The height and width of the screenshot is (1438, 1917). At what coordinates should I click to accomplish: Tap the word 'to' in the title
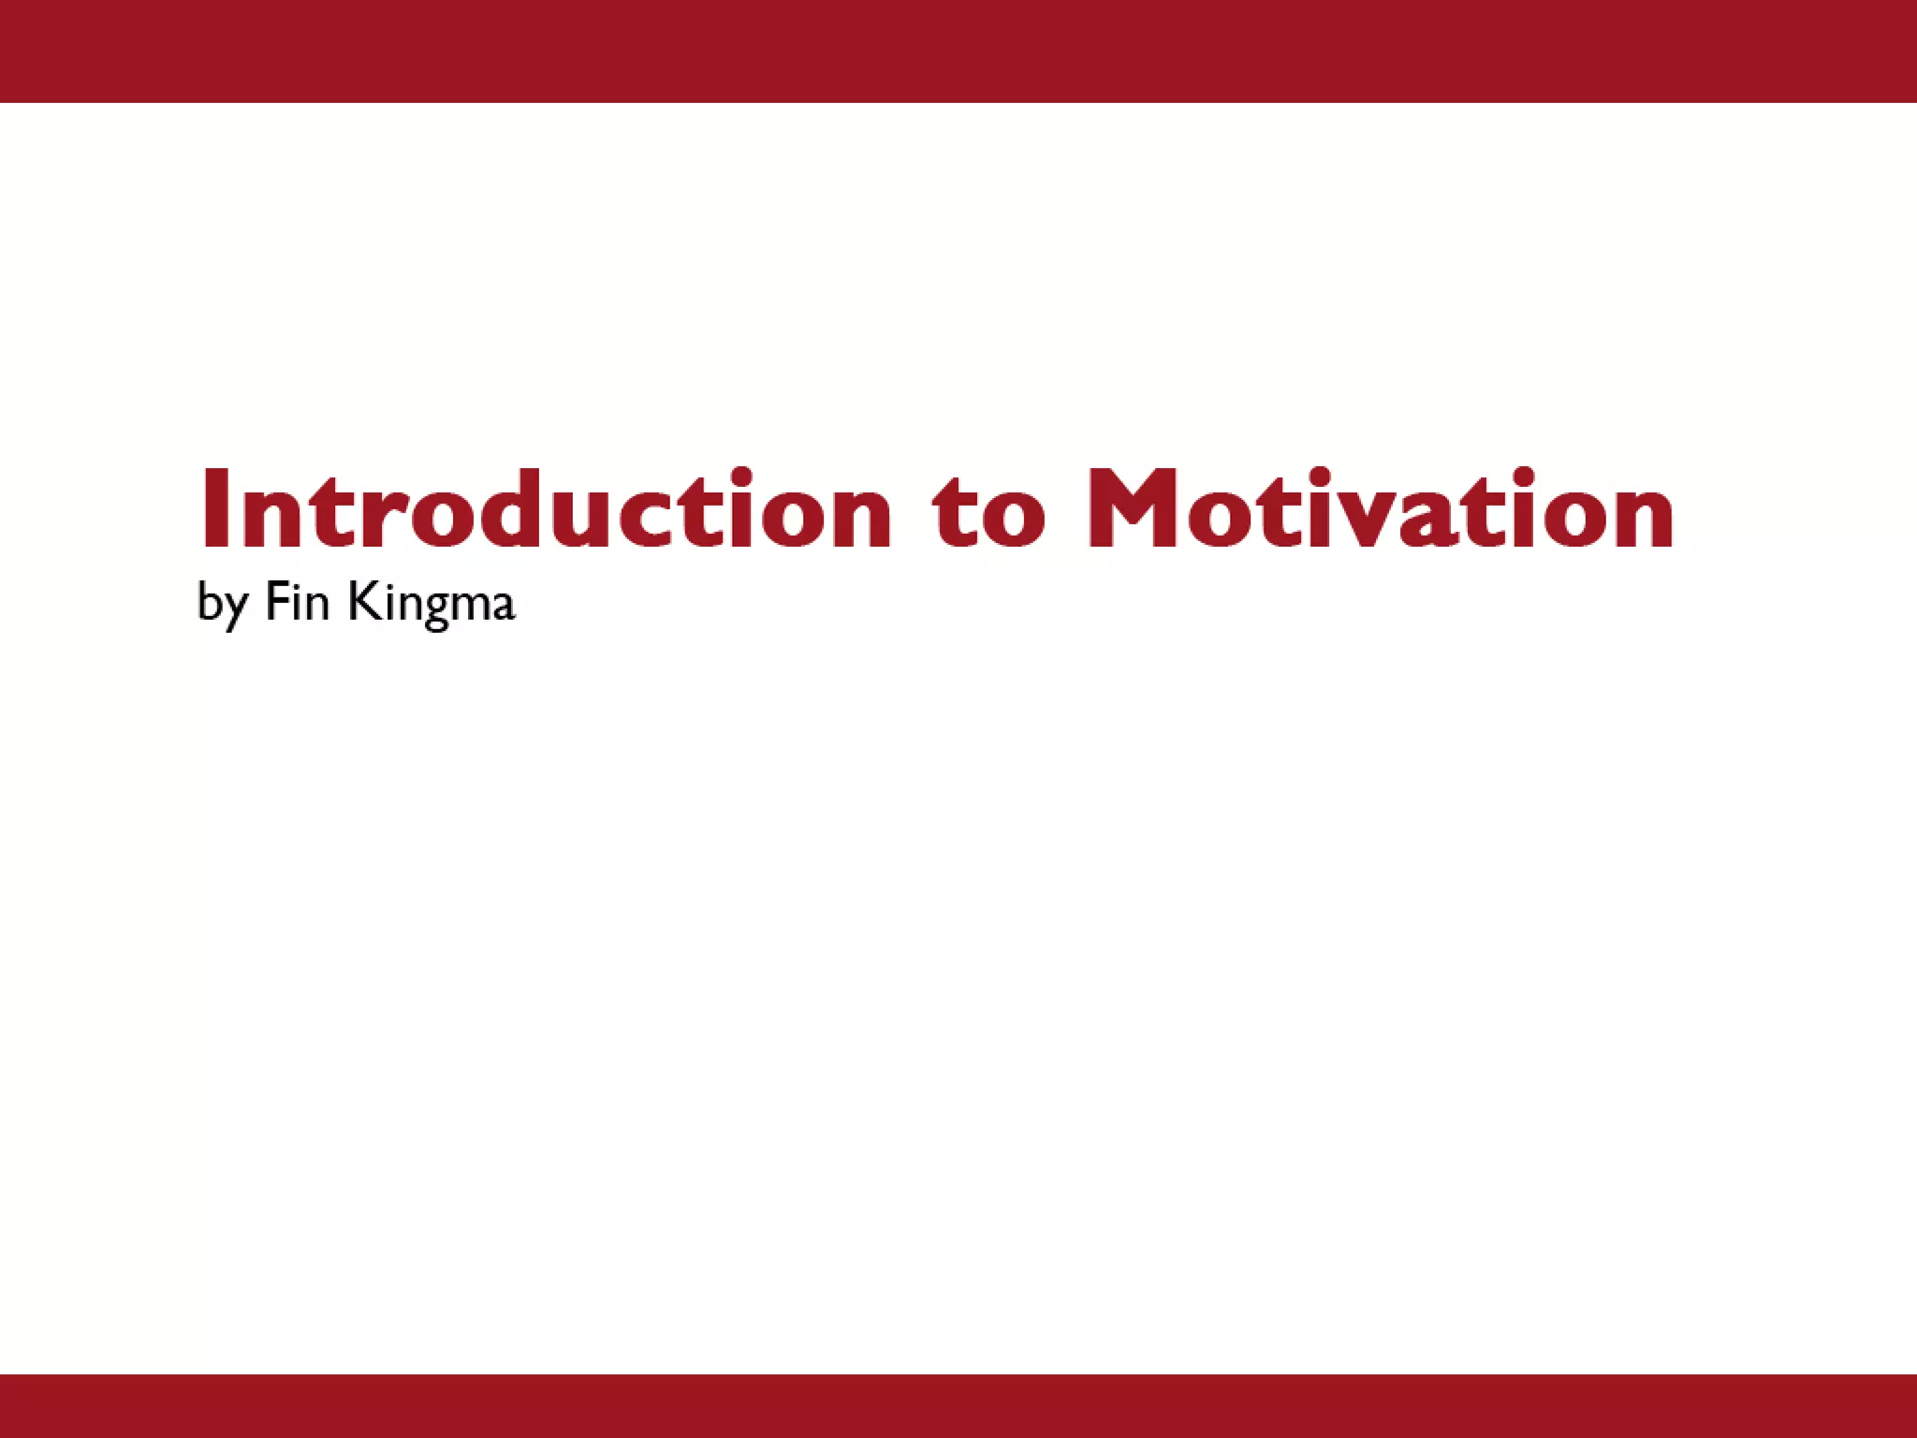pos(988,513)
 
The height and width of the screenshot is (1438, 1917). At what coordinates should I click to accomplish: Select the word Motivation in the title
pos(1381,510)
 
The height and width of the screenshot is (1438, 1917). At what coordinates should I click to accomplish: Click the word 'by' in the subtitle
pos(222,604)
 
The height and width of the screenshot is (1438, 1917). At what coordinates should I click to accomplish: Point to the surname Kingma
pos(432,604)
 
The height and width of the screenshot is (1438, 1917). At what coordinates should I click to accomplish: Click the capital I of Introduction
pos(213,508)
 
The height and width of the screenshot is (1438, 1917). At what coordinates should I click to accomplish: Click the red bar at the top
pos(958,51)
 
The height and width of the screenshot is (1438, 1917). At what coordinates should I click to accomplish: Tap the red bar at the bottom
pos(958,1405)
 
